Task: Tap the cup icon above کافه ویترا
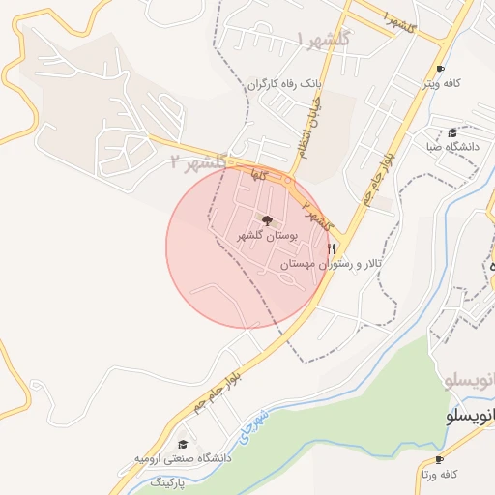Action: click(x=440, y=69)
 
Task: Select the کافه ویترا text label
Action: click(x=440, y=83)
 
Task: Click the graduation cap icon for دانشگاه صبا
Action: click(x=452, y=132)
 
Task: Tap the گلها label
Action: click(x=257, y=174)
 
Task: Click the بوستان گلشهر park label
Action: click(x=268, y=235)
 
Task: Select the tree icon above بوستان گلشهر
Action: click(x=268, y=220)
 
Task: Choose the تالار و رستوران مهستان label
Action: click(x=333, y=264)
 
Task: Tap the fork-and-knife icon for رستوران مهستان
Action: click(x=333, y=248)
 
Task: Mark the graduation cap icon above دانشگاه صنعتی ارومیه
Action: click(x=182, y=444)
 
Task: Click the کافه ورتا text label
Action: click(x=438, y=474)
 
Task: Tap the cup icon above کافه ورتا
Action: click(x=440, y=459)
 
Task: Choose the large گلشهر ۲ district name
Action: click(x=197, y=161)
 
